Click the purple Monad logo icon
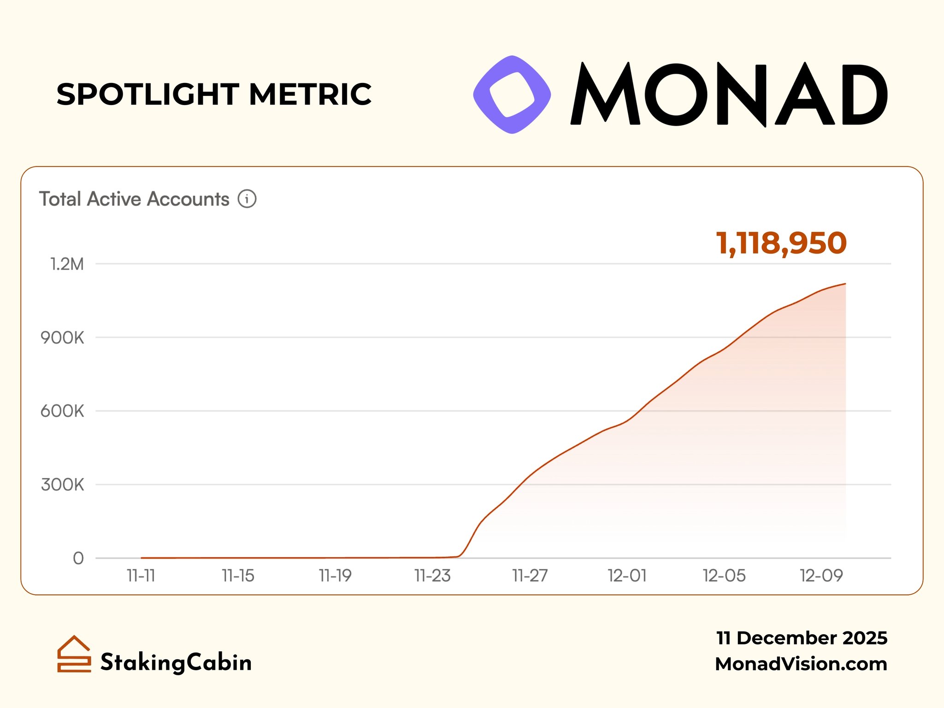[512, 94]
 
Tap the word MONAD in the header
[730, 94]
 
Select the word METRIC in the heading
[310, 94]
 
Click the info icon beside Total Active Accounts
[247, 199]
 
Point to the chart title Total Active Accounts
[134, 199]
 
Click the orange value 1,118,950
[781, 243]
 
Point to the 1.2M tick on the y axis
[67, 264]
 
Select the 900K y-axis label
[63, 338]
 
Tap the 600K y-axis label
[63, 411]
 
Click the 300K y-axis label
[63, 484]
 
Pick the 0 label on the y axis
[78, 558]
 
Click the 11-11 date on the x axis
[141, 576]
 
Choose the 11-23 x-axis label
[432, 576]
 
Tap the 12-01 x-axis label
[627, 576]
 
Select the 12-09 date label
[821, 576]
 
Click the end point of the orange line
[845, 284]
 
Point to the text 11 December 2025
[802, 638]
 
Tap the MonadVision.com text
[801, 664]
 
